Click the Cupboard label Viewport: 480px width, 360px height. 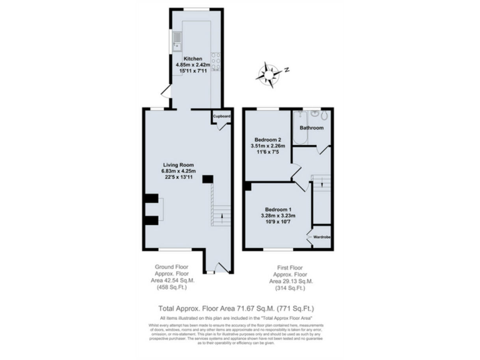click(222, 117)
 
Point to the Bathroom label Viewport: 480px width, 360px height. click(311, 127)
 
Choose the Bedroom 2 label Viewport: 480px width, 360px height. click(267, 139)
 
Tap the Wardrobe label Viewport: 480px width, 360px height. click(321, 237)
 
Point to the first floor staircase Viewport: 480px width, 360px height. click(321, 182)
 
